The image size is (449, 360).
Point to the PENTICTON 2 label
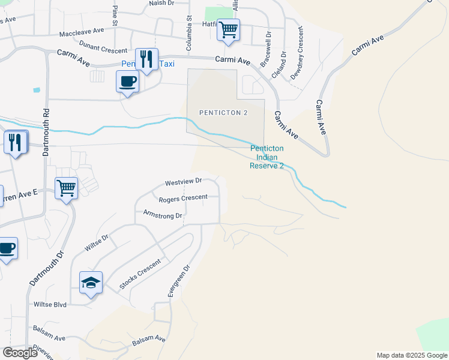224,112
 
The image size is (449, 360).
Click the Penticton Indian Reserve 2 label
266,157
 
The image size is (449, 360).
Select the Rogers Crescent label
183,197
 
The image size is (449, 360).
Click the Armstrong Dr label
162,214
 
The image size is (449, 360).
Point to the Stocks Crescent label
140,275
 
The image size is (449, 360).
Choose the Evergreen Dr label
179,281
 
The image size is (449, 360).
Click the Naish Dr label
161,4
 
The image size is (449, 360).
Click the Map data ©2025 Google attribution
411,355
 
